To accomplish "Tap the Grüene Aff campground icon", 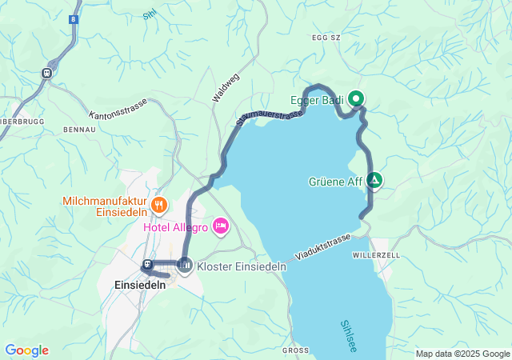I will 374,182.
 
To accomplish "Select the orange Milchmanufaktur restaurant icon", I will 159,206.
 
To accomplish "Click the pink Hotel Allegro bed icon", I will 221,229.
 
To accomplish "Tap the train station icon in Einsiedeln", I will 148,265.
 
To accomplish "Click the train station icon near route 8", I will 46,73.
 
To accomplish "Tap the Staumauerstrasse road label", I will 270,118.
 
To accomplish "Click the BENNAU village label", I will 79,128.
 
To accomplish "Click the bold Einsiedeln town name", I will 139,285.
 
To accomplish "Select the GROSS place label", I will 295,350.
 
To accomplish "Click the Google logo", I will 26,350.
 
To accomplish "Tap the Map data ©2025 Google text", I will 462,354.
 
